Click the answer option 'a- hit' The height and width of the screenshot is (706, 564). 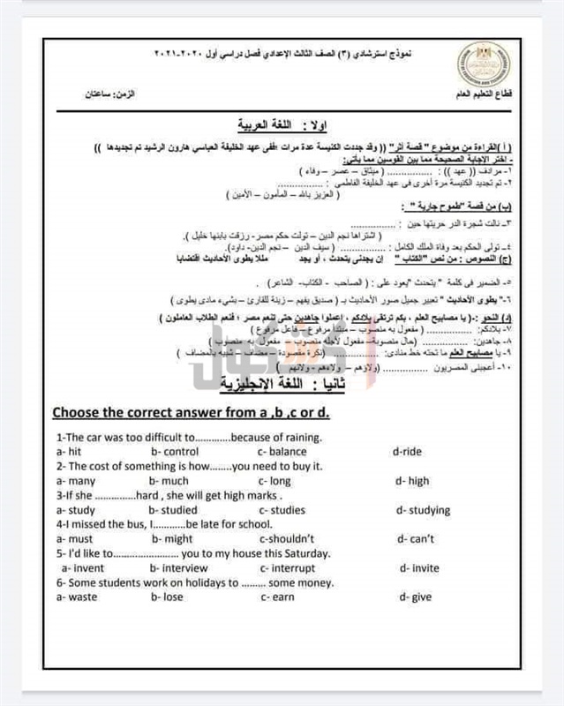click(69, 451)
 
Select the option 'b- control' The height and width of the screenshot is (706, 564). click(174, 451)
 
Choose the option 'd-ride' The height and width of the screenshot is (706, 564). click(407, 451)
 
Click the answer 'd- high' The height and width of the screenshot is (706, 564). click(412, 481)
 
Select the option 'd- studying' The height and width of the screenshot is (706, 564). click(423, 510)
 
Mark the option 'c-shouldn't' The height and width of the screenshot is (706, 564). click(288, 538)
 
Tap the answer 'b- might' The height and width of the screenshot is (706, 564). click(171, 538)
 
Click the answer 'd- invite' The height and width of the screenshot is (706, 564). click(418, 568)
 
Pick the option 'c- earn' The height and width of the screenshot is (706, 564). click(279, 597)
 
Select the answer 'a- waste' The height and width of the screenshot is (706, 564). click(74, 597)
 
